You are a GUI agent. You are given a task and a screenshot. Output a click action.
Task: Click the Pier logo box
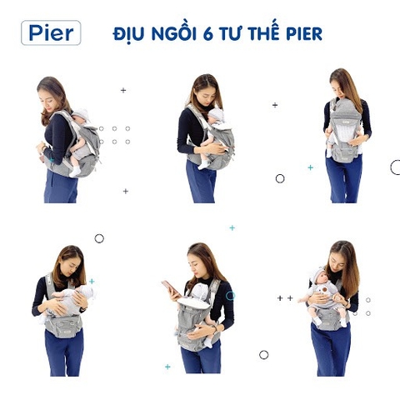coord(51,32)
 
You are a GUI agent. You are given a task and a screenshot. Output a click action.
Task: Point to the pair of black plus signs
coord(285,297)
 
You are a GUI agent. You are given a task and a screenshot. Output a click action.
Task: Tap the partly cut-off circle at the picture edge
coord(395,167)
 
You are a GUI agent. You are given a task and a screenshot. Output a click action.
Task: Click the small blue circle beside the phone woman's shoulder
coord(230,295)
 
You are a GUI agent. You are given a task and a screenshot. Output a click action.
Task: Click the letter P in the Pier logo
coord(35,33)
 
